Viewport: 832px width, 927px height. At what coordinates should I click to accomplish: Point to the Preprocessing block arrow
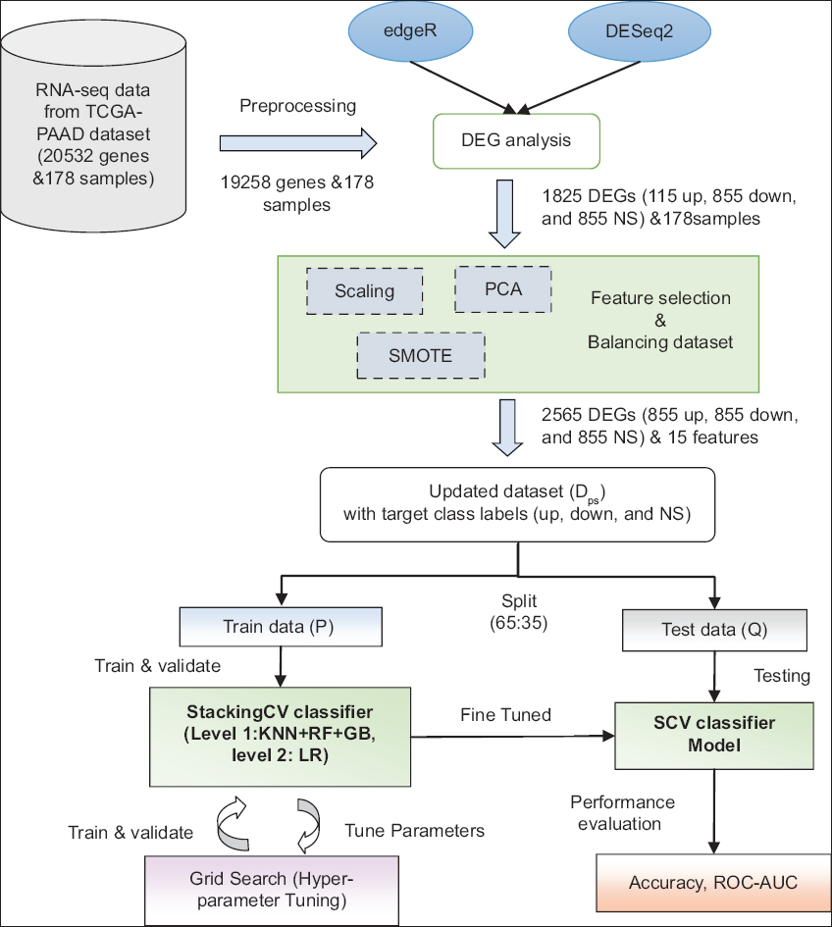298,142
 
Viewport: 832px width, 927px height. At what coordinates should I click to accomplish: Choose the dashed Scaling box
364,291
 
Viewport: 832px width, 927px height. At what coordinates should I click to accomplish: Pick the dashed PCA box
502,289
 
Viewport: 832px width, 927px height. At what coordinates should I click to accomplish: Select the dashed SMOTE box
421,355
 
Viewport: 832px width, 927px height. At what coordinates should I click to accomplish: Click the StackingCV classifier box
279,737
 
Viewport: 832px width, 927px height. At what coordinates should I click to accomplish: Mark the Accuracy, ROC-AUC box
712,882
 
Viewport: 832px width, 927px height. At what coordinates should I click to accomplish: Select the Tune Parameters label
414,831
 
